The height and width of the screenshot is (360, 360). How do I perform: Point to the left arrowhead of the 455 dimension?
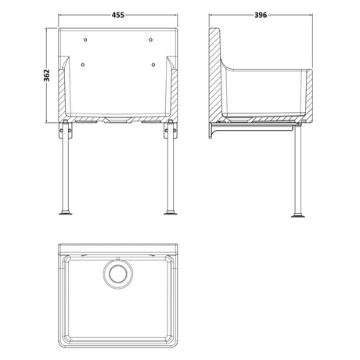(x=63, y=22)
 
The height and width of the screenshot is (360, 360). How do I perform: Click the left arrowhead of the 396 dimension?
(x=211, y=22)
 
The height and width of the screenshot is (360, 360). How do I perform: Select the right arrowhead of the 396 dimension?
(x=314, y=22)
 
